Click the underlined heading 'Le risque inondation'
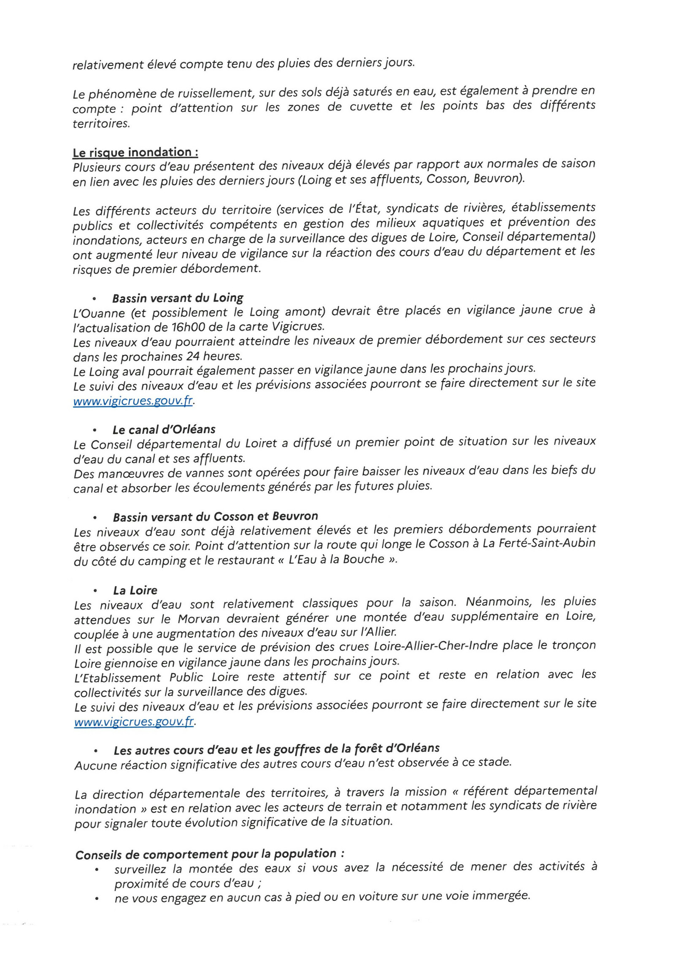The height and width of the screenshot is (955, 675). click(x=135, y=152)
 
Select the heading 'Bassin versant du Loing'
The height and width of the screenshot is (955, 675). click(x=178, y=298)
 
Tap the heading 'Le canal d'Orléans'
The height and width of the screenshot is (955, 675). click(x=164, y=430)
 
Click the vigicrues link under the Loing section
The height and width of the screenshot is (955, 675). click(x=133, y=400)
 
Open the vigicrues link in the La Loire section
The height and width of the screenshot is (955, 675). click(x=134, y=722)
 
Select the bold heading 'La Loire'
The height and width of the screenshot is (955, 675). click(x=135, y=590)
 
